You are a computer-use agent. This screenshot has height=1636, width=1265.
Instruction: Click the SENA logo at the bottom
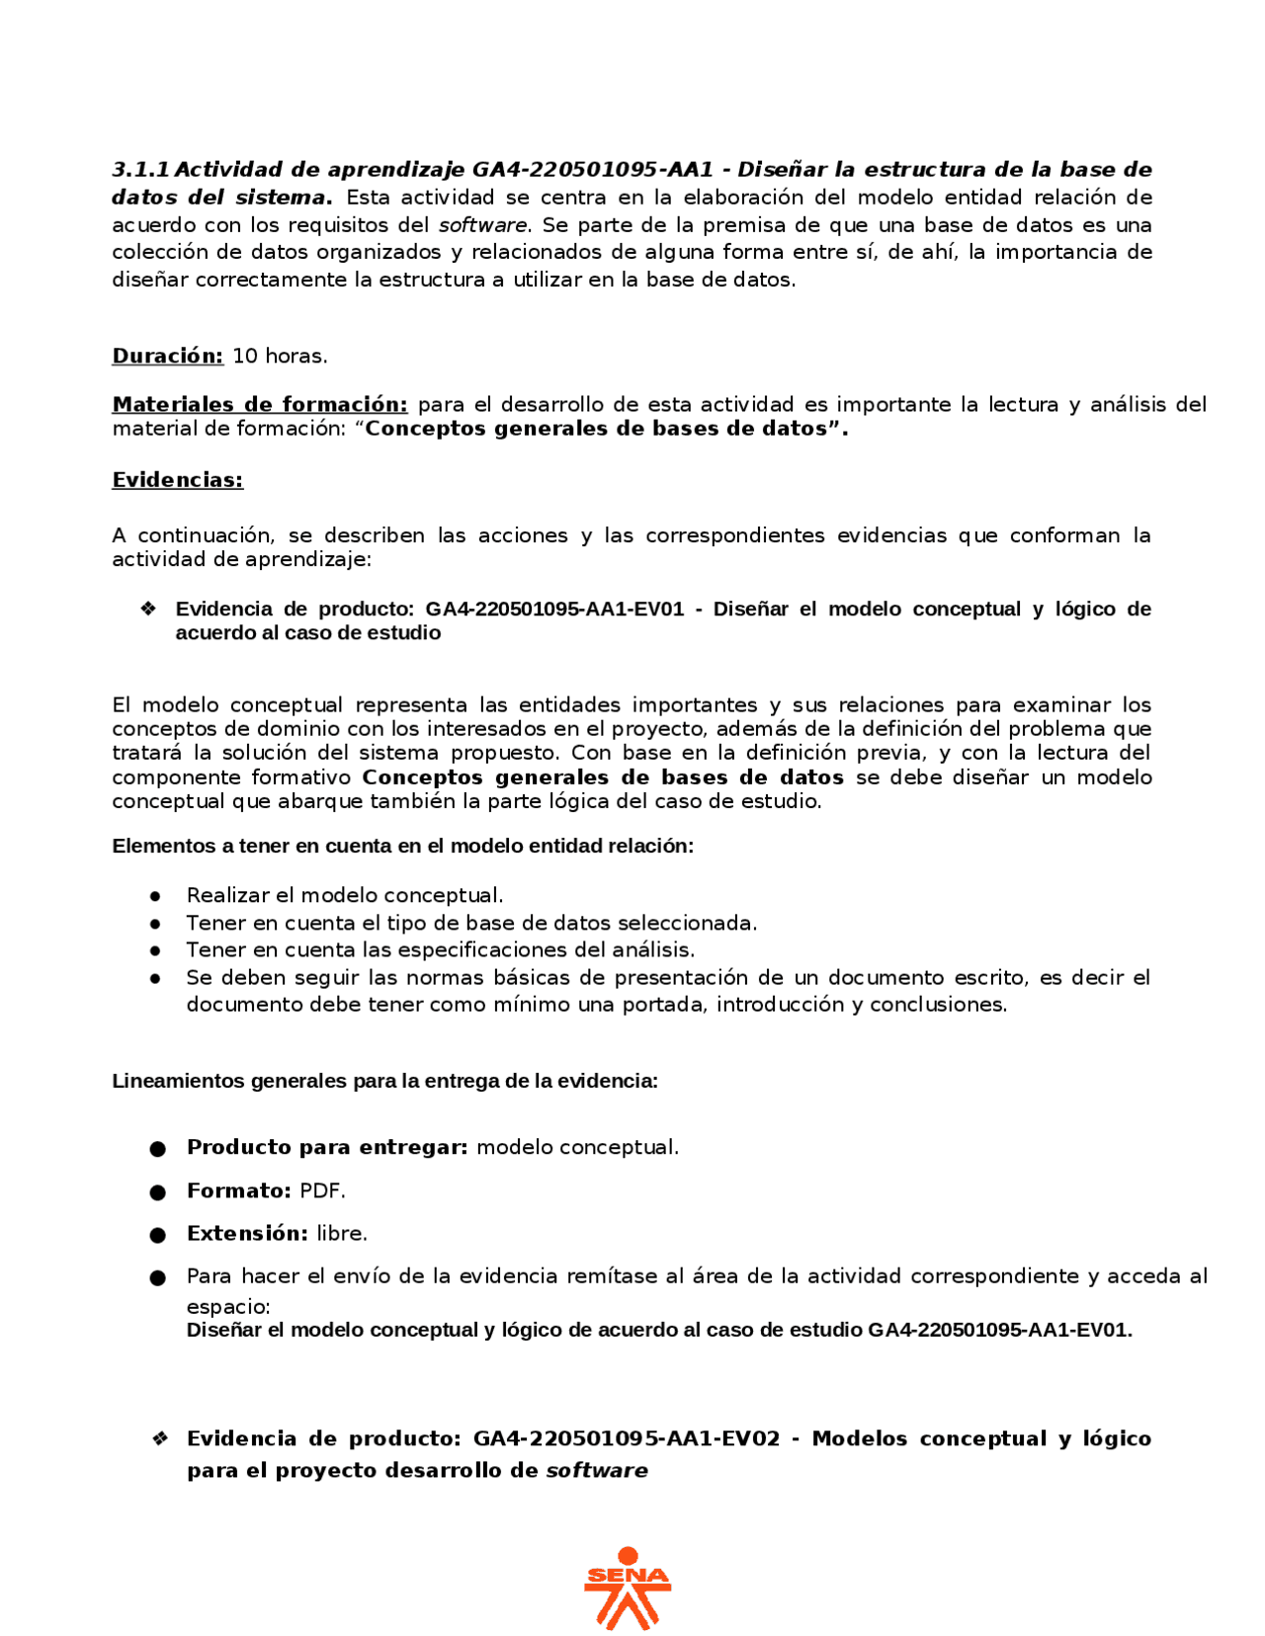pos(627,1587)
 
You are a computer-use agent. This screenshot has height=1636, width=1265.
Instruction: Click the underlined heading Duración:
pos(167,356)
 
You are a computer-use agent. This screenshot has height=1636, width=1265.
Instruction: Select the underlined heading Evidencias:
pos(177,480)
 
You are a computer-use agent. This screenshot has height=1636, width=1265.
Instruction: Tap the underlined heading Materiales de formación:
pos(259,404)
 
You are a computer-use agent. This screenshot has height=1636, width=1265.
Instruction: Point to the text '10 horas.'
pos(280,356)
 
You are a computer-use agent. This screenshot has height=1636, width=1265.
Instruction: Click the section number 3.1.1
pos(140,169)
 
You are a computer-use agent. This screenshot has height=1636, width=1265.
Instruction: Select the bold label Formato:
pos(238,1190)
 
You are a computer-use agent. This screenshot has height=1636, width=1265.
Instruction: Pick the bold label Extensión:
pos(247,1233)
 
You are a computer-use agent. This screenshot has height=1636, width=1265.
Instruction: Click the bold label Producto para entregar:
pos(326,1147)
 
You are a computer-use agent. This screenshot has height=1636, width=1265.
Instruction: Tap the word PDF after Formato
pos(322,1190)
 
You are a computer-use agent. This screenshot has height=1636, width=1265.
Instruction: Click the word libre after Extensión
pos(342,1233)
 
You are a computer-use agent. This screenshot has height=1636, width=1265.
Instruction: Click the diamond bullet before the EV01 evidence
pos(148,609)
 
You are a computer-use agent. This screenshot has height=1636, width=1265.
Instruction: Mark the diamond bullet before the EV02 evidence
pos(160,1438)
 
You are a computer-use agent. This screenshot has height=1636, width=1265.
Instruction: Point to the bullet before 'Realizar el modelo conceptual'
pos(155,896)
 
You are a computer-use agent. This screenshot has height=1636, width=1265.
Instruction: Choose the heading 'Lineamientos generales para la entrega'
pos(384,1081)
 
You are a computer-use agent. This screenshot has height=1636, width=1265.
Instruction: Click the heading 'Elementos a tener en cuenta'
pos(402,846)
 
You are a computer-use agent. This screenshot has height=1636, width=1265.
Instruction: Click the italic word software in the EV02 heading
pos(596,1470)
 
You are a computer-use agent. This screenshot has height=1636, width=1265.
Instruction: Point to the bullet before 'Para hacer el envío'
pos(157,1278)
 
